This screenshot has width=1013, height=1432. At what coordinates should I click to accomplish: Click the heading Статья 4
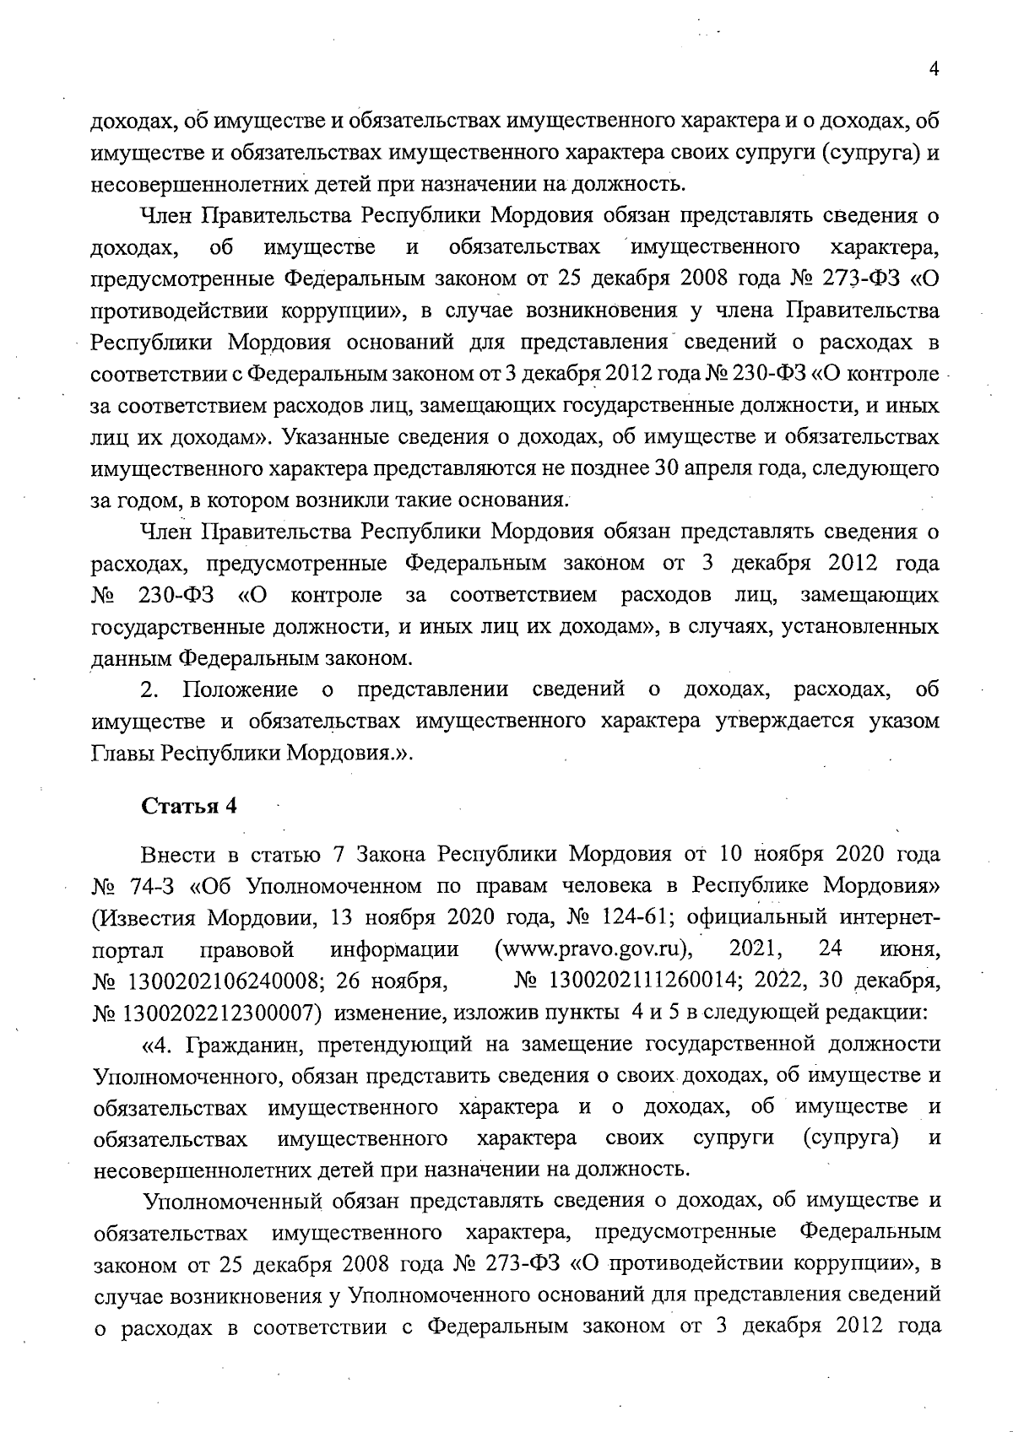[x=189, y=805]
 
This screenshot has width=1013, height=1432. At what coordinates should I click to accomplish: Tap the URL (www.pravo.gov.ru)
[x=593, y=949]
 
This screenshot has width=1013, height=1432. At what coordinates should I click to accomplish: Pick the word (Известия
[x=145, y=917]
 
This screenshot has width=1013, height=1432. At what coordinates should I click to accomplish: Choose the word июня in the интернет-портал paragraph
[x=910, y=949]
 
